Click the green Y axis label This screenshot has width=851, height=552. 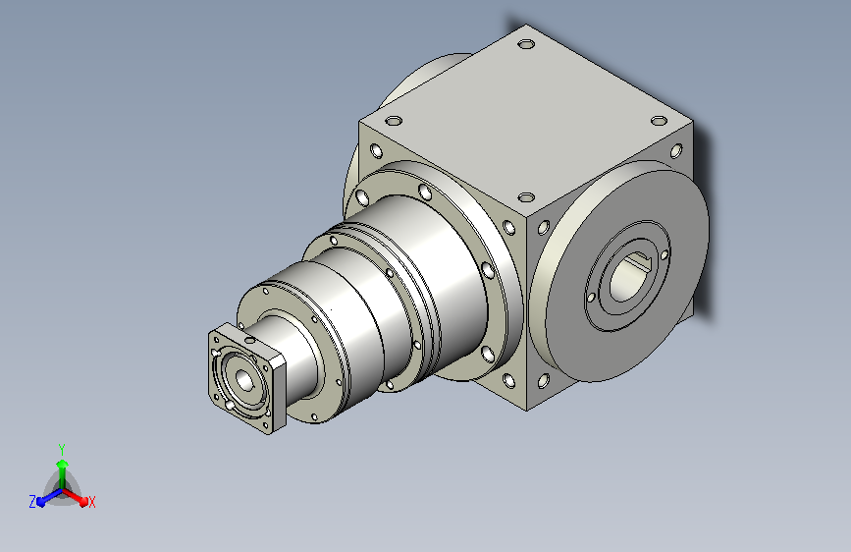coord(62,449)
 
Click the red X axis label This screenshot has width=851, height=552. coord(91,502)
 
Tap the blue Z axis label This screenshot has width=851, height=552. coord(32,502)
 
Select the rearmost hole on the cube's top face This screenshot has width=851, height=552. coord(526,43)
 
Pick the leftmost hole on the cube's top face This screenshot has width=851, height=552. coord(394,120)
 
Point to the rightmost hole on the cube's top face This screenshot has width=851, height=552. coord(659,120)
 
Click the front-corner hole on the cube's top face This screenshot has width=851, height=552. coord(526,196)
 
